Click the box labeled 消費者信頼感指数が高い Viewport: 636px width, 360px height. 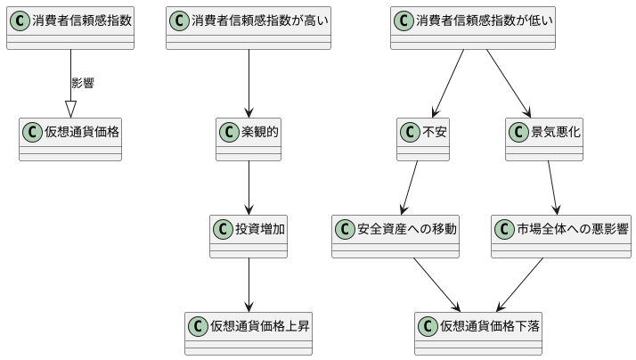pos(249,28)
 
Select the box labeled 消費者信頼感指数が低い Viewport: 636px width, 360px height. pos(473,28)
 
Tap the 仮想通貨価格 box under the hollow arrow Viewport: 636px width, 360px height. pos(70,138)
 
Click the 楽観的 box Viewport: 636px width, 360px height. pos(249,138)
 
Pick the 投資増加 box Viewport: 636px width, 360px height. pos(249,235)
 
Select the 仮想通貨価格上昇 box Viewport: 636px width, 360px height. pos(249,332)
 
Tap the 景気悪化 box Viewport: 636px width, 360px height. pos(544,138)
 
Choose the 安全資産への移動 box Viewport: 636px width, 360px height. pos(396,235)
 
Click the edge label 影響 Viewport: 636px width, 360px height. pos(83,83)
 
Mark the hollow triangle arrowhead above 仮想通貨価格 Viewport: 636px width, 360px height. pos(70,109)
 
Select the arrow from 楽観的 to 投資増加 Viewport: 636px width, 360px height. pos(249,187)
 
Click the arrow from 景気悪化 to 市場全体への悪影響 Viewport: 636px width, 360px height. pos(552,187)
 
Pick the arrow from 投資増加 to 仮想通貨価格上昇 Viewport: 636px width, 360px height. pos(249,284)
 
